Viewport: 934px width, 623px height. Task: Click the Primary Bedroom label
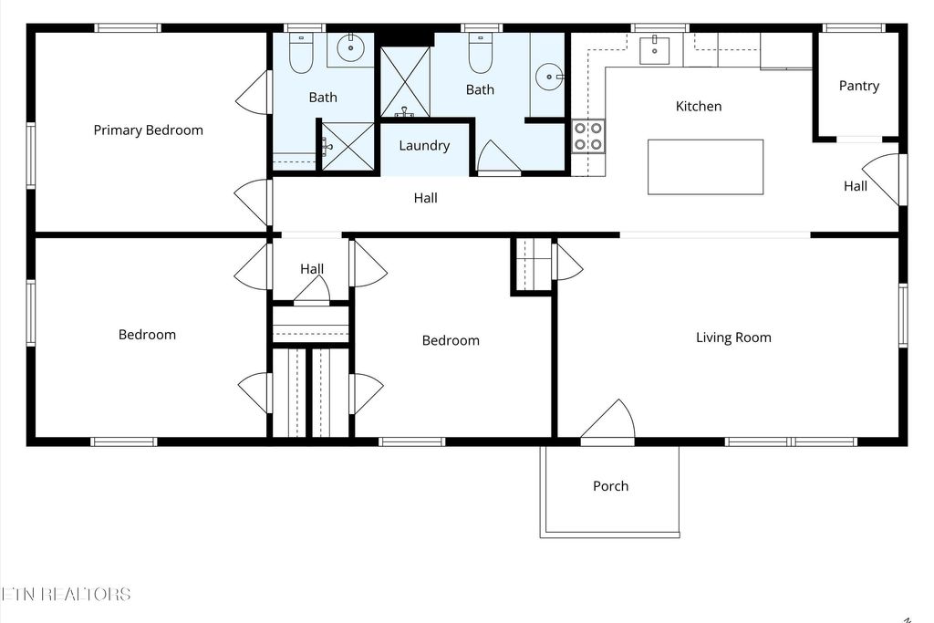tap(148, 130)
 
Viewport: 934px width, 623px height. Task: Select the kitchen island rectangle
tap(705, 167)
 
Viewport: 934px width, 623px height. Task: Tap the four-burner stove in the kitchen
tap(587, 136)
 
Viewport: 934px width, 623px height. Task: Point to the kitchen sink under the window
tap(654, 50)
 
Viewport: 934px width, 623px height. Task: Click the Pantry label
tap(858, 86)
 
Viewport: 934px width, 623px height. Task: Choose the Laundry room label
tap(424, 146)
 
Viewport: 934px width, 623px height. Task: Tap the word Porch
tap(610, 486)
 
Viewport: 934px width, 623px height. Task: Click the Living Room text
tap(733, 337)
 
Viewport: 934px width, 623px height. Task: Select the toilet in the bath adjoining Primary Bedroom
tap(301, 54)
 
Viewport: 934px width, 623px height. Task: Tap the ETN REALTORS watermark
tap(66, 595)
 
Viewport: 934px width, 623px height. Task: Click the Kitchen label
tap(698, 107)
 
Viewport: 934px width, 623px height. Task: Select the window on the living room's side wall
tap(902, 316)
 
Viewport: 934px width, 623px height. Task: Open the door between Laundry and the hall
tap(498, 159)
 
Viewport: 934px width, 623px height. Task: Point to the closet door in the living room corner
tap(566, 262)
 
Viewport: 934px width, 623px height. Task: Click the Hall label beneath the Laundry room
tap(425, 198)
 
